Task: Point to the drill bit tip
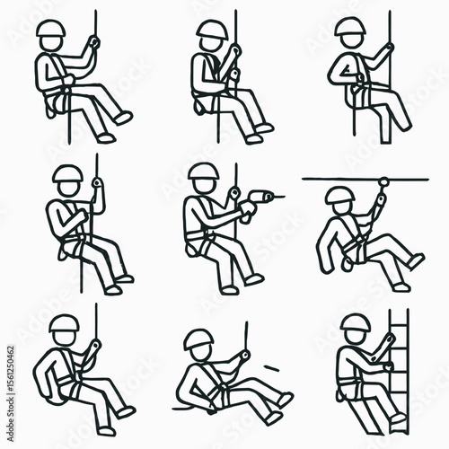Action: click(284, 195)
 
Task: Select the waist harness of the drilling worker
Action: click(205, 238)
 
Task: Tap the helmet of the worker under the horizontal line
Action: click(339, 196)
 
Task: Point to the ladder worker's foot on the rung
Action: click(396, 420)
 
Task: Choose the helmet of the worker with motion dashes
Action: click(198, 339)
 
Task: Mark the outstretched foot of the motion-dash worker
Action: click(284, 397)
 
